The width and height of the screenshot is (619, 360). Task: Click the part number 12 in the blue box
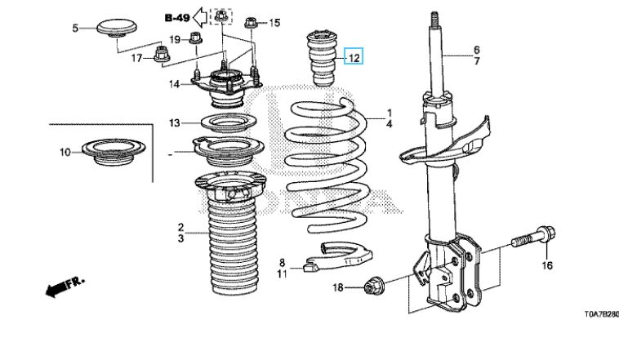354,58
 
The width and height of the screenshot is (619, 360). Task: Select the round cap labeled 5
117,28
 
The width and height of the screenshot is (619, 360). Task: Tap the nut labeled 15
251,23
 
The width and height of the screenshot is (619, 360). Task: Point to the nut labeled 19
196,38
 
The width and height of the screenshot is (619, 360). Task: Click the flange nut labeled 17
161,55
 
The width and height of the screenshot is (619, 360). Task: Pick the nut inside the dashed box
221,16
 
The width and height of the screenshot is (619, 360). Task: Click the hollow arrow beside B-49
201,17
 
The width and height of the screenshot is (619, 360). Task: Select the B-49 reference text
177,18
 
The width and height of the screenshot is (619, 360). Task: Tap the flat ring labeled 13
229,123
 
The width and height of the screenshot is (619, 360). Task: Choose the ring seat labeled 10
114,152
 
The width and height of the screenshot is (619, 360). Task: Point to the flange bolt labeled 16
533,238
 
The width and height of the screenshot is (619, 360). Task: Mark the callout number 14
174,84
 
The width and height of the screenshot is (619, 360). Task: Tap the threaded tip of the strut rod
434,19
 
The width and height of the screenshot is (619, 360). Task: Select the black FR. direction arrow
65,287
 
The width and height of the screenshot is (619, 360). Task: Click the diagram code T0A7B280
601,314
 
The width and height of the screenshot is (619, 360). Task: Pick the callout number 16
547,265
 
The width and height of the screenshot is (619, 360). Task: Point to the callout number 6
476,50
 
